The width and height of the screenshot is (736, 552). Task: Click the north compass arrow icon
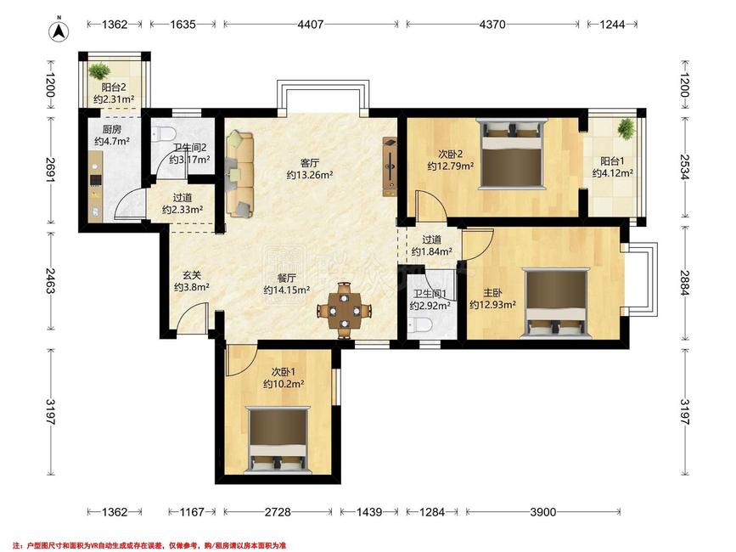point(59,30)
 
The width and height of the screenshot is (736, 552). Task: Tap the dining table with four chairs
point(345,310)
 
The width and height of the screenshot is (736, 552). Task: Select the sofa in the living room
point(239,175)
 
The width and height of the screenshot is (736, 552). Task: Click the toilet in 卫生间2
point(163,132)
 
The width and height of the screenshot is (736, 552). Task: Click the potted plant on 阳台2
point(99,71)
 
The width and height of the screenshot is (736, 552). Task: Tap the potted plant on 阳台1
point(626,127)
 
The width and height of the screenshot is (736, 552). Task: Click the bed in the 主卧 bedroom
point(556,303)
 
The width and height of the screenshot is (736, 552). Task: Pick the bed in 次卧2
point(511,154)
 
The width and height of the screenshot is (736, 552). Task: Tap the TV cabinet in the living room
point(390,166)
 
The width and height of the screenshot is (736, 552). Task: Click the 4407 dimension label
point(311,24)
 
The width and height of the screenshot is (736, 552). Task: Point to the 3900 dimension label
point(543,511)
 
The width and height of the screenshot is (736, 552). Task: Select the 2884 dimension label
point(685,283)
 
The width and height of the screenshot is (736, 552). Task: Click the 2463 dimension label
point(51,281)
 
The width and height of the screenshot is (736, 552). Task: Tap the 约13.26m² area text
point(310,175)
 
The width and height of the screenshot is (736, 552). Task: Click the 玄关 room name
point(192,275)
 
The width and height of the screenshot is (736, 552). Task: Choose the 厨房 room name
point(112,129)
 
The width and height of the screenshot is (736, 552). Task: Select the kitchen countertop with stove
point(95,186)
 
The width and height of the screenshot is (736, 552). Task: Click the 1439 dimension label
point(369,511)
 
